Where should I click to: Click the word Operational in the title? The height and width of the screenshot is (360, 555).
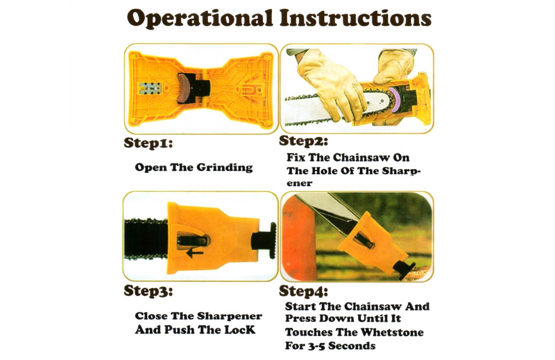point(200,19)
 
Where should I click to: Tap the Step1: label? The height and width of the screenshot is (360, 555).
point(148,143)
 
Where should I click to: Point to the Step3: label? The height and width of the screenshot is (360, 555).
point(148,291)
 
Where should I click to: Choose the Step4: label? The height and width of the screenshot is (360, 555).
point(304,292)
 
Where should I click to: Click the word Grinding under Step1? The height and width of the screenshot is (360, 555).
point(225,167)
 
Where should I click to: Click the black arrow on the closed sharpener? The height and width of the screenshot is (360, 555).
point(195,253)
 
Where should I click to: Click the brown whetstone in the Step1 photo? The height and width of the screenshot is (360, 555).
point(184,88)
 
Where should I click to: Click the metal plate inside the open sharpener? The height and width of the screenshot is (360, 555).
point(150,89)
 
